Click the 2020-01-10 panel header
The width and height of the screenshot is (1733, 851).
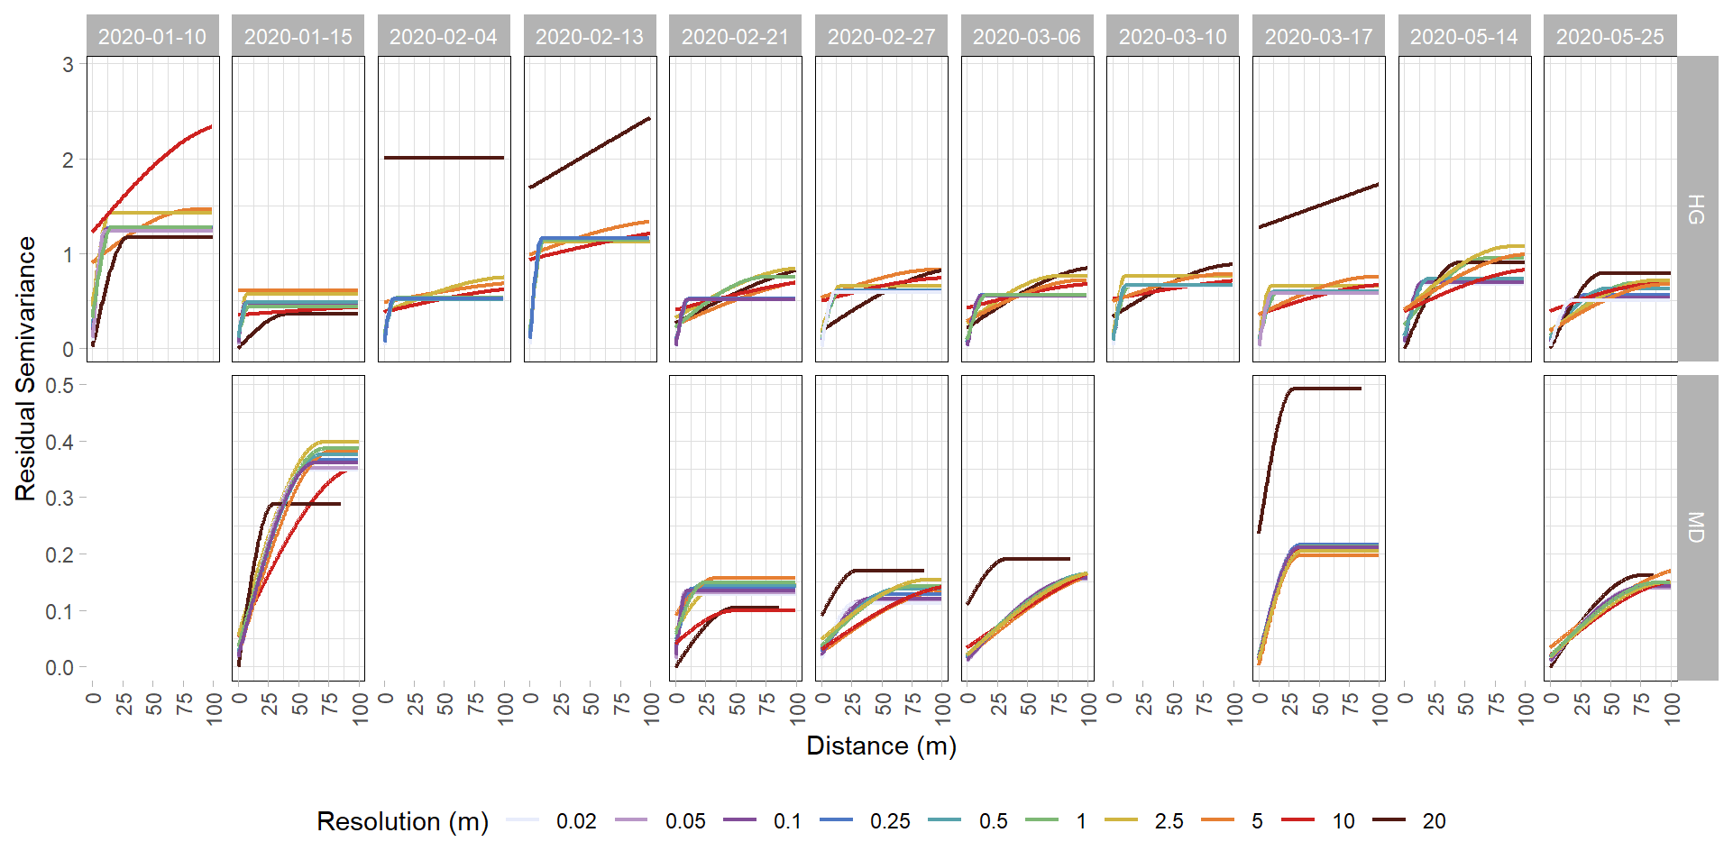(152, 37)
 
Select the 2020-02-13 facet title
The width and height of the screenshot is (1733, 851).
(590, 37)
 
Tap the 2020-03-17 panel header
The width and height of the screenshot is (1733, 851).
(1318, 37)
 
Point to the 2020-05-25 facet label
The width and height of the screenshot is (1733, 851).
(1609, 37)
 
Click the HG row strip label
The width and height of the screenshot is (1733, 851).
(1696, 209)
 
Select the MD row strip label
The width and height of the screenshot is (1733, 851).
(1696, 527)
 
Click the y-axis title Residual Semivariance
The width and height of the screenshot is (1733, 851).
(25, 369)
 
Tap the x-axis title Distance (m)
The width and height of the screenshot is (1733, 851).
(881, 746)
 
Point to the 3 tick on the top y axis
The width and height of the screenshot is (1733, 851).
(68, 65)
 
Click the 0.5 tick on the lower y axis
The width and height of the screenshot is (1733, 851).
(60, 386)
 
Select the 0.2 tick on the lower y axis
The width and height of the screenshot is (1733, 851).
(60, 555)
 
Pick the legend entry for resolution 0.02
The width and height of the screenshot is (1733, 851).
(550, 821)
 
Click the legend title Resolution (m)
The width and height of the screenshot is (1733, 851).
(402, 821)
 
